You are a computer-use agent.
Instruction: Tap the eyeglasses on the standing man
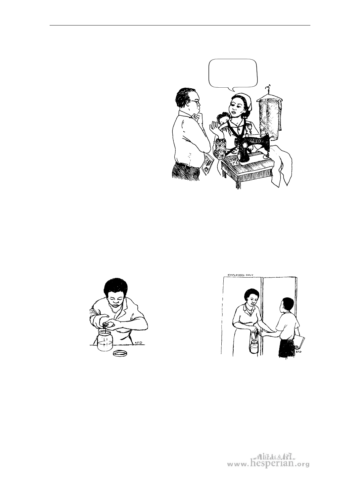196,102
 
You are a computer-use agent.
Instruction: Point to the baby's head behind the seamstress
222,119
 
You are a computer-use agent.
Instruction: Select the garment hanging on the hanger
270,118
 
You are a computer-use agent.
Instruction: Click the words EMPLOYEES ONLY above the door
241,275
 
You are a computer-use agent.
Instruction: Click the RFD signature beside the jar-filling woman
139,343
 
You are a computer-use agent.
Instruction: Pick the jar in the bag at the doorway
254,347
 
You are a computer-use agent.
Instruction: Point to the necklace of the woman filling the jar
115,308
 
